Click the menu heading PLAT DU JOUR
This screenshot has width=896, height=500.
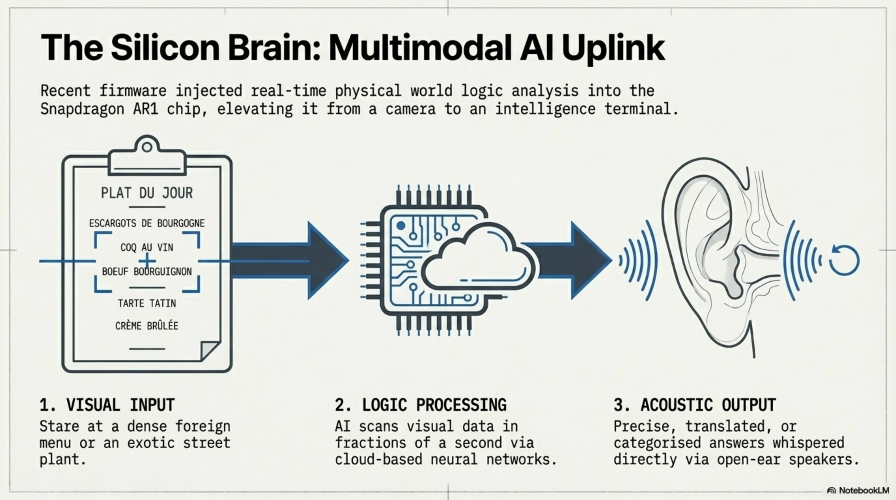[x=147, y=193]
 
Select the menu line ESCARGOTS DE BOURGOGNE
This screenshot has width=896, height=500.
[x=147, y=223]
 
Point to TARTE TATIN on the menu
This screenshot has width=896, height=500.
[x=147, y=303]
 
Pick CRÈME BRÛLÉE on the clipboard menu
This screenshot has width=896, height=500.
[x=147, y=326]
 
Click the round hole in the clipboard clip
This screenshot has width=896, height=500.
[x=147, y=147]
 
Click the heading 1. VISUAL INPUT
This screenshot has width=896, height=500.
[x=107, y=405]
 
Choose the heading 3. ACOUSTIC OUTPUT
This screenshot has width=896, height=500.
[x=694, y=405]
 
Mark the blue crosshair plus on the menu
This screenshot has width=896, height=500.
[x=147, y=261]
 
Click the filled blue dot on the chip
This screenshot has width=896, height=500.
[x=401, y=226]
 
